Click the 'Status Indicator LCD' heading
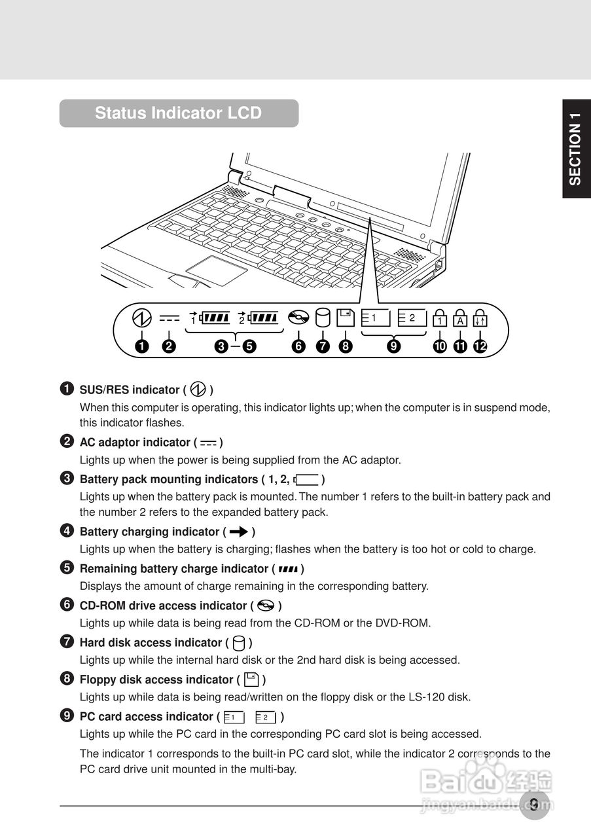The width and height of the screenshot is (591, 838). [x=178, y=113]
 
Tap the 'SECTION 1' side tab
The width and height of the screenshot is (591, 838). [x=575, y=149]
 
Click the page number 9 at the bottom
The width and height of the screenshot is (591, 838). [x=535, y=805]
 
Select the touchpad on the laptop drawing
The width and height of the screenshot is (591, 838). [x=215, y=270]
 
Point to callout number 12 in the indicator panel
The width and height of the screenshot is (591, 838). [x=481, y=346]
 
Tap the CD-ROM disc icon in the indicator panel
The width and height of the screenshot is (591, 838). [x=298, y=319]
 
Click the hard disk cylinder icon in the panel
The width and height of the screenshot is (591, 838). [x=323, y=318]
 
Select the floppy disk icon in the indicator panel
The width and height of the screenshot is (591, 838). [x=346, y=318]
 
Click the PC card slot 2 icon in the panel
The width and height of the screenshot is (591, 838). [x=412, y=318]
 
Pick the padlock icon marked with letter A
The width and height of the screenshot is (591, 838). [x=461, y=318]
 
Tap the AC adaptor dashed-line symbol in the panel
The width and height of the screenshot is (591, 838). [x=169, y=319]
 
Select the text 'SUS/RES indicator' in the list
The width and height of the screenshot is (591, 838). [x=129, y=390]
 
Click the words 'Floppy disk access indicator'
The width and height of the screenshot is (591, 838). [x=156, y=680]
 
